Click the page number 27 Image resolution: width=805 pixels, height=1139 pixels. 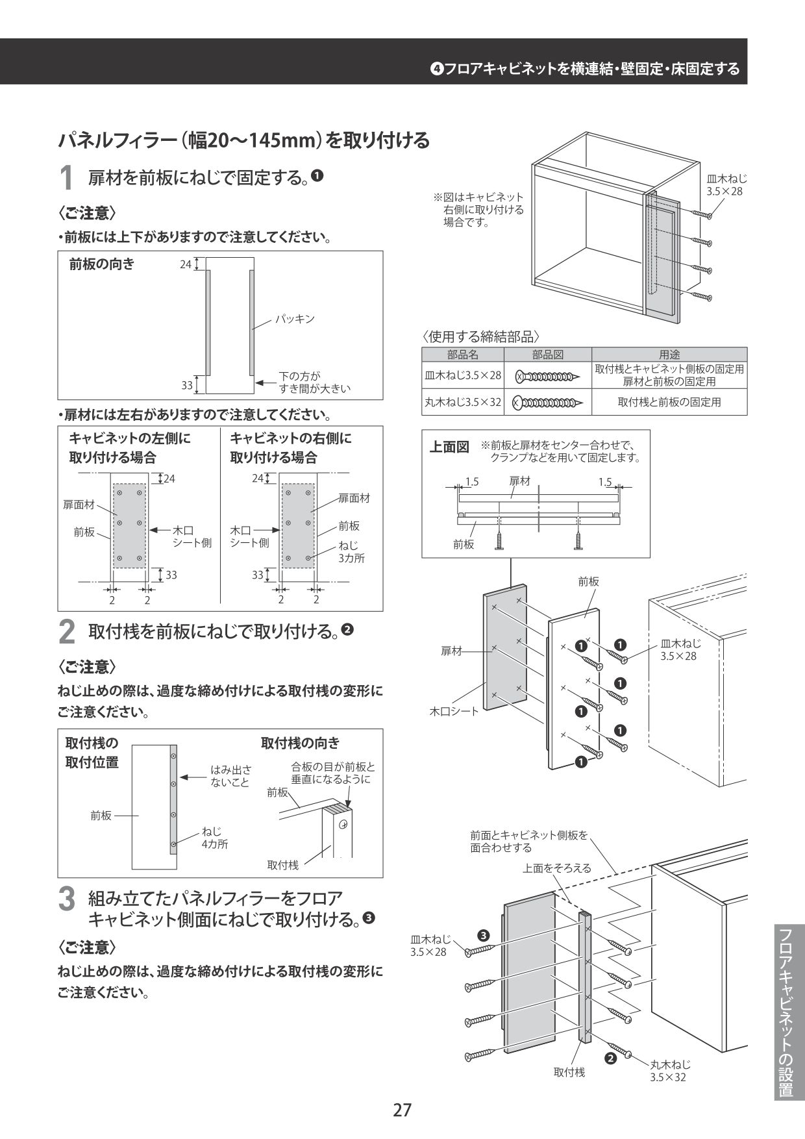click(x=402, y=1110)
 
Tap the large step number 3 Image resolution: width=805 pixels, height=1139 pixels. click(x=66, y=899)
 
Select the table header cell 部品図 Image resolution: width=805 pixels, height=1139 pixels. click(x=547, y=355)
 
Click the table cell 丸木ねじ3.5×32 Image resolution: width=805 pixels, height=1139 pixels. click(x=463, y=402)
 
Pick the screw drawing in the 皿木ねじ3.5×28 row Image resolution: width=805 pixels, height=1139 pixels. click(x=547, y=376)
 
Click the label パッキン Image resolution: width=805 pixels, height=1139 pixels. click(x=294, y=319)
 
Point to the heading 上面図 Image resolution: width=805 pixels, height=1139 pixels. click(x=449, y=447)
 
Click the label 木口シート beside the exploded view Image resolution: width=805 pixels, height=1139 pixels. click(x=454, y=711)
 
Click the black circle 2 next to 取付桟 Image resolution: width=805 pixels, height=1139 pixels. click(x=610, y=1058)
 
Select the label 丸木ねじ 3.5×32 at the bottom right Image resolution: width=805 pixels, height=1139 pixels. click(x=669, y=1071)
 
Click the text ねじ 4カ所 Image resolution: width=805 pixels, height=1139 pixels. click(x=214, y=838)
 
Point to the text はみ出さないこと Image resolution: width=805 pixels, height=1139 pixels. click(x=230, y=776)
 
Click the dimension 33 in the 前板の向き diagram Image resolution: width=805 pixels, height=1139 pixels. click(x=187, y=385)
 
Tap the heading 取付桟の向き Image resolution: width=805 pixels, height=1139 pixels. click(x=300, y=743)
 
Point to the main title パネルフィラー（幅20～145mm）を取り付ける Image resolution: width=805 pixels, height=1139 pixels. click(x=243, y=140)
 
